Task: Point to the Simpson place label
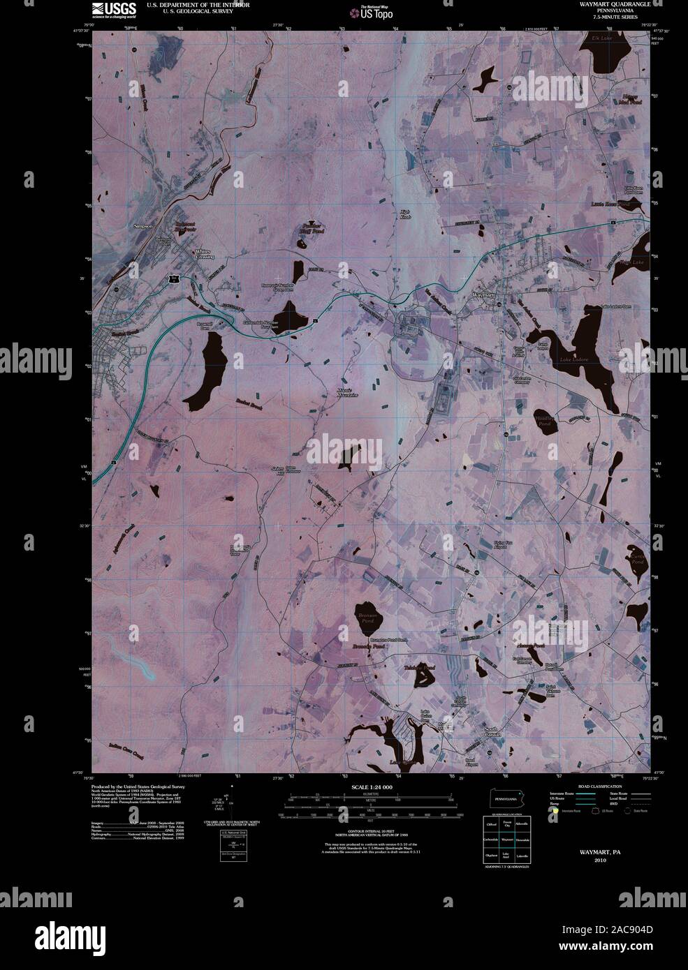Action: pos(143,227)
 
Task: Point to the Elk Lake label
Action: pos(601,38)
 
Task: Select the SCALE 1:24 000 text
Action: pos(372,786)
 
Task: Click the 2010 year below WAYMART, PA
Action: pos(601,860)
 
